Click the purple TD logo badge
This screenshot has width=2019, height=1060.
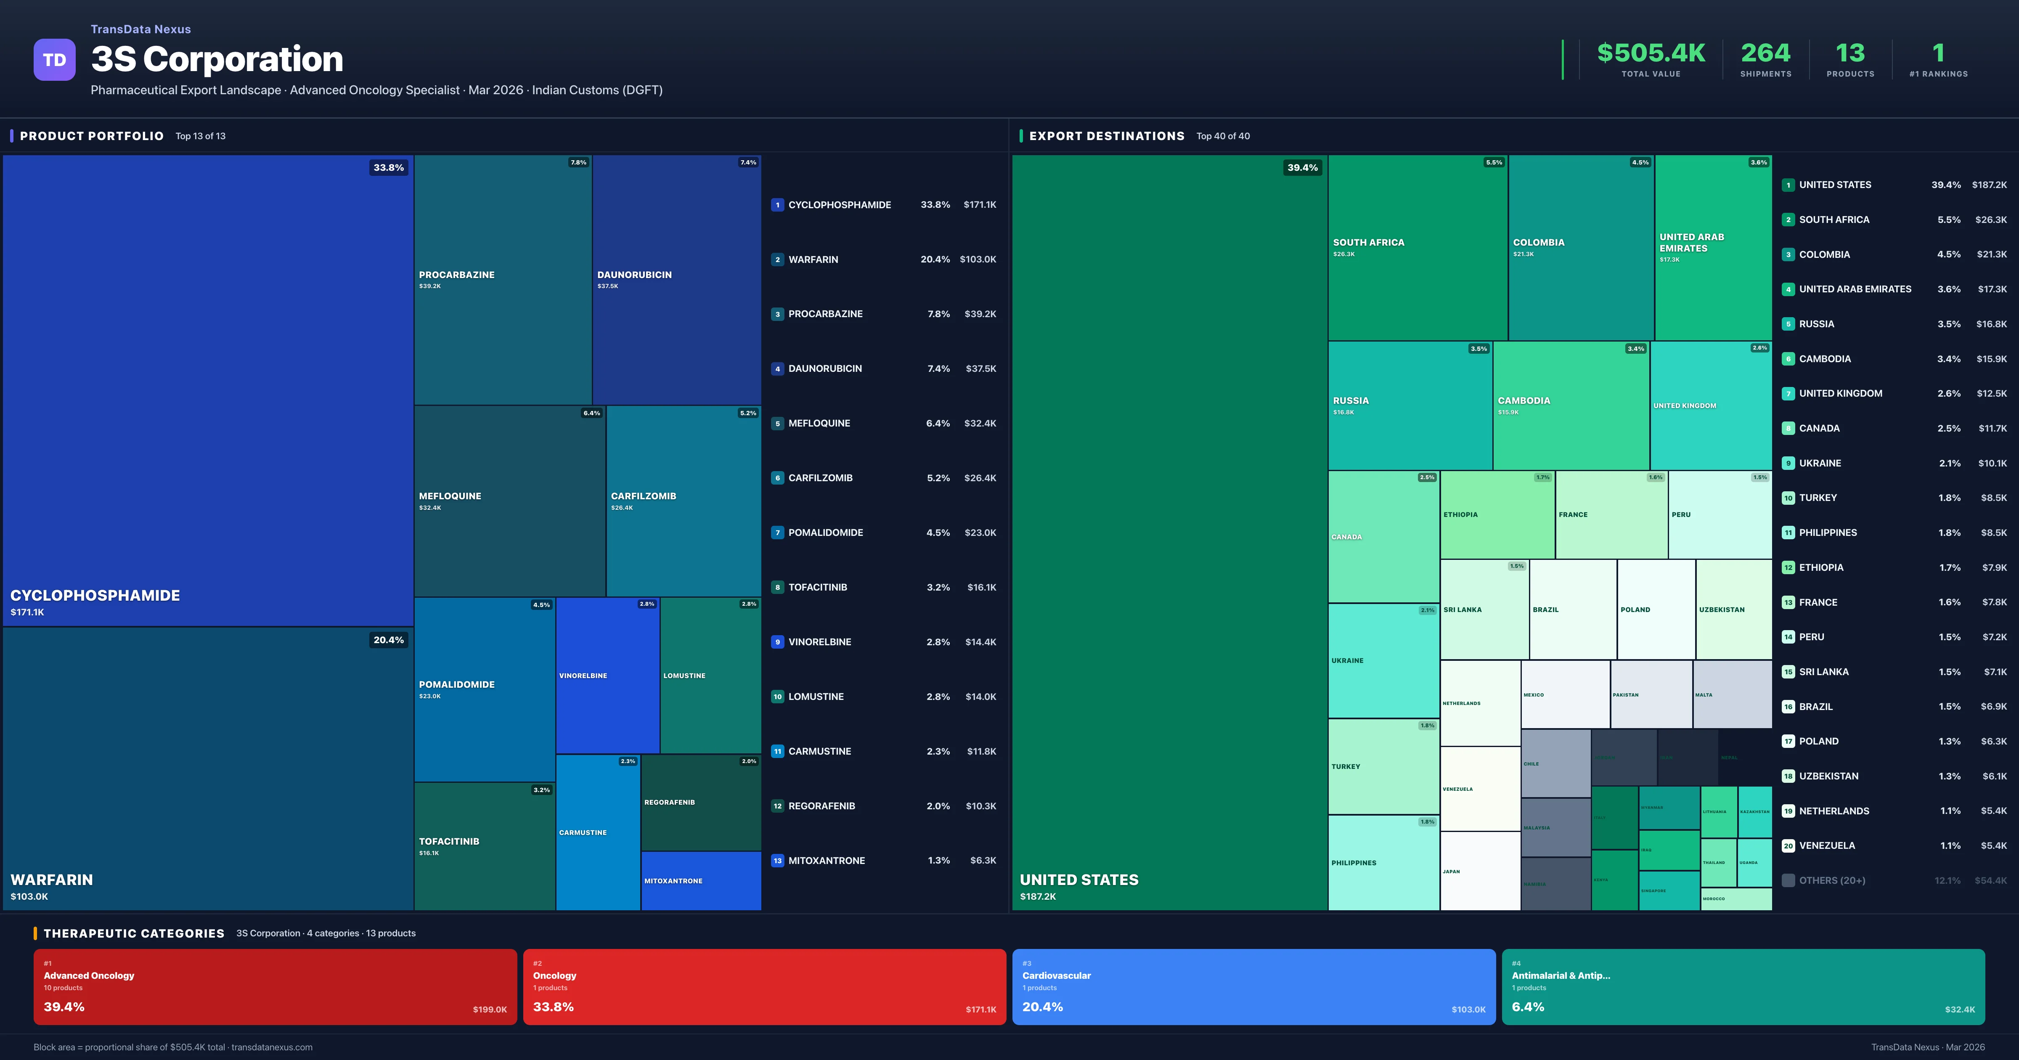coord(54,60)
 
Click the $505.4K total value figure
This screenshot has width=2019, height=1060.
coord(1651,53)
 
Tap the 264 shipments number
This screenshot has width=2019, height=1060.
coord(1765,53)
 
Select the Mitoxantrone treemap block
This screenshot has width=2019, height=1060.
coord(701,880)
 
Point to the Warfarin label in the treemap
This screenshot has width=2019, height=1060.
coord(52,880)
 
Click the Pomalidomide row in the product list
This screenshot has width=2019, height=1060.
coord(883,533)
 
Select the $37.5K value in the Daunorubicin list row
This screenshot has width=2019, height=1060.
coord(980,368)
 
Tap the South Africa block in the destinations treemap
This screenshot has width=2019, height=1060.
coord(1417,247)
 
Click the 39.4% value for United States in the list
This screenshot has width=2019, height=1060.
coord(1945,185)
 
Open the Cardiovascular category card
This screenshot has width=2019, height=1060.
coord(1253,986)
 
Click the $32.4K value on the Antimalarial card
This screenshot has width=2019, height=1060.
coord(1959,1009)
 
